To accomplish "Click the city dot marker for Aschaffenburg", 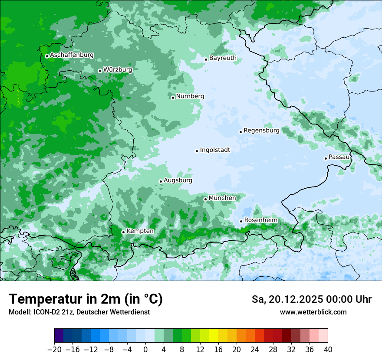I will pos(47,56).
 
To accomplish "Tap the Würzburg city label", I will pos(118,69).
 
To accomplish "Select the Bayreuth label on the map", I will pos(223,58).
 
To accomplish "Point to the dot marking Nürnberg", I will pos(173,98).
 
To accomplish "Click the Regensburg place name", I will pos(261,131).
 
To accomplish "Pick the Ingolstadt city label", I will pos(215,150).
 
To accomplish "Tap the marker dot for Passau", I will pos(326,158).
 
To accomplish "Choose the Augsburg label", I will pos(178,180).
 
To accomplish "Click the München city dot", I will pos(205,199).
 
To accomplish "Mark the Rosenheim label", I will pos(260,220).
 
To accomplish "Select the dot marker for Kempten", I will pos(123,232).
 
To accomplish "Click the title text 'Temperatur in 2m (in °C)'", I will pos(86,299).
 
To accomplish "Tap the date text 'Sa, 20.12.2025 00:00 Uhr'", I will pos(311,299).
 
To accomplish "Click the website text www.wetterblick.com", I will pos(313,312).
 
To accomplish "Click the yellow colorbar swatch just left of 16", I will pos(214,336).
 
